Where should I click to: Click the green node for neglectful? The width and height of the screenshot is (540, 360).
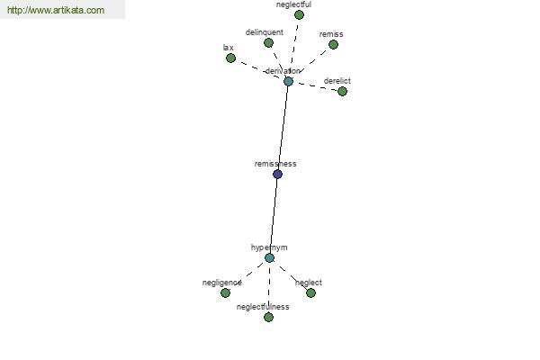(299, 14)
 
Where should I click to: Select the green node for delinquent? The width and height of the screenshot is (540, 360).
(268, 42)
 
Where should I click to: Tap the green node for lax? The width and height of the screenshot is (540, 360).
(230, 58)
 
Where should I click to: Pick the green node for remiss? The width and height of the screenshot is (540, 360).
(333, 44)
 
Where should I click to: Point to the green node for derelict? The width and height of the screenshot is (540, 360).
(342, 91)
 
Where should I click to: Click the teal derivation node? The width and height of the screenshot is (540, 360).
(288, 81)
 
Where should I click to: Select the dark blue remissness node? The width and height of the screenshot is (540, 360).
(277, 174)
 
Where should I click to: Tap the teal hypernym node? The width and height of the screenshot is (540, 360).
(270, 257)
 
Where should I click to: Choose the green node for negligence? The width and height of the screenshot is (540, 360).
(225, 292)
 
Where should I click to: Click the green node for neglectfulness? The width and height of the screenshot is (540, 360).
(268, 317)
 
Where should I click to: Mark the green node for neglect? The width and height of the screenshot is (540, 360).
(310, 292)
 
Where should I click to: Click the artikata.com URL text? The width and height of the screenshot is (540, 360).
(56, 10)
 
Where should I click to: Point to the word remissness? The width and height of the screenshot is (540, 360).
(275, 164)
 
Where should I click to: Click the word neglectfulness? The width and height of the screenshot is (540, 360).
(263, 307)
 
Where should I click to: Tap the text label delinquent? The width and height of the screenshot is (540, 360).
(265, 32)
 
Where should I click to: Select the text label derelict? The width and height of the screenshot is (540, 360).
(337, 81)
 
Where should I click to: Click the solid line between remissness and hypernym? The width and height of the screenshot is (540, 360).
(274, 216)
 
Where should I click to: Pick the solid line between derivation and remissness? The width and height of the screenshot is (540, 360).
(283, 128)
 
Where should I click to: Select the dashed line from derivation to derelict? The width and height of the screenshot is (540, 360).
(315, 86)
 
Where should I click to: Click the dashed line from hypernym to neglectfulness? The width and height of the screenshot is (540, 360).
(269, 287)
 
